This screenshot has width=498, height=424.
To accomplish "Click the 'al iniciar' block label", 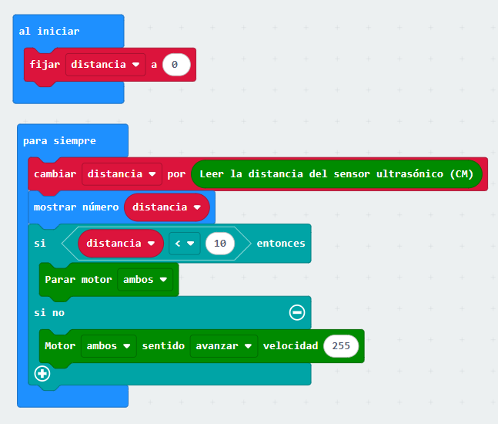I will [49, 32].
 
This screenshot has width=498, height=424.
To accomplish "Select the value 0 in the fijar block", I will [175, 65].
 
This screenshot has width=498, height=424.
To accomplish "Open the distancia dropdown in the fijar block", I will [105, 65].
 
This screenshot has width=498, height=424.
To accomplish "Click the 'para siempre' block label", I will [59, 141].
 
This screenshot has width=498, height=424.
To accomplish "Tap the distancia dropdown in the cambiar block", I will [122, 174].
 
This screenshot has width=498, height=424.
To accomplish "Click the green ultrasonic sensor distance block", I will [336, 174].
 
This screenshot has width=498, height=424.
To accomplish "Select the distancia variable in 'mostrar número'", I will [167, 207].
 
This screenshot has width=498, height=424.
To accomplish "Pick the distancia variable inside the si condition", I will [120, 243].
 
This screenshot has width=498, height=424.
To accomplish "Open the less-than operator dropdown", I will [185, 243].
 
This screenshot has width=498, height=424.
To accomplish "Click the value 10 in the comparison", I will [220, 243].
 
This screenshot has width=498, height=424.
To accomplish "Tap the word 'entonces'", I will [281, 243].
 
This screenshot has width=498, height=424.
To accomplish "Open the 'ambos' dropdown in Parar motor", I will [145, 279].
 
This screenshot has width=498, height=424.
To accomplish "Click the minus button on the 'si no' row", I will [297, 312].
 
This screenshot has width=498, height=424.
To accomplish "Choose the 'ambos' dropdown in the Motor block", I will [109, 345].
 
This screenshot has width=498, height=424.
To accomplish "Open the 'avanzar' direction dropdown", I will [223, 345].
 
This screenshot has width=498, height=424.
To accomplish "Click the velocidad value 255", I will [342, 345].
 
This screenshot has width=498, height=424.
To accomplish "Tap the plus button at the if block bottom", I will [42, 374].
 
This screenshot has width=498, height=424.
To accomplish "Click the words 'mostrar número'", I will [76, 207].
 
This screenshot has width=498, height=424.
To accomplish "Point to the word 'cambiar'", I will [55, 174].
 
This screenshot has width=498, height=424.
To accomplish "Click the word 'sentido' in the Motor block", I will [163, 345].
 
